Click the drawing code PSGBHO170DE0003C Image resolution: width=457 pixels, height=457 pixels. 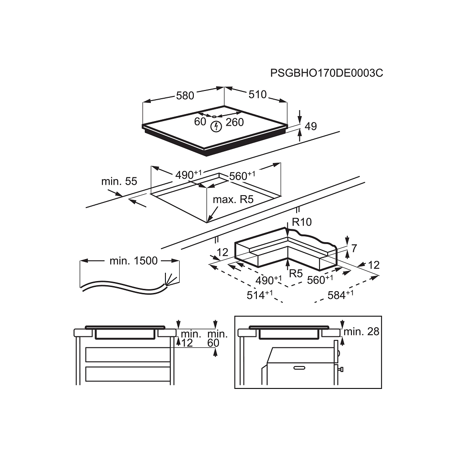coord(326,73)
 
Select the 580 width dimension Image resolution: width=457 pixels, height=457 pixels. coord(185,96)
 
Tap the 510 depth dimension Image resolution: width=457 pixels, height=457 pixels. coord(258,95)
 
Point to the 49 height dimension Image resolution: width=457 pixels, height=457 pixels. coord(310,126)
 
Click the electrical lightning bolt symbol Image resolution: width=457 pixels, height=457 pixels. coord(216,126)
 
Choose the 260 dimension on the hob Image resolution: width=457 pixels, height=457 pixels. coord(234,122)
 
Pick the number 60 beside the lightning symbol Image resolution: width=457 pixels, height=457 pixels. coord(200,122)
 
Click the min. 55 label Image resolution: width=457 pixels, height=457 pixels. coord(119,181)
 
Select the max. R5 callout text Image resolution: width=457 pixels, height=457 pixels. coord(233,199)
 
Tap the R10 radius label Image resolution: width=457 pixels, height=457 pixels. coord(302,222)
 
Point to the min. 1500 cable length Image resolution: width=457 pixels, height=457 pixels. coord(133,260)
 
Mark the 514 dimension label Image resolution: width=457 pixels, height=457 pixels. coord(260,295)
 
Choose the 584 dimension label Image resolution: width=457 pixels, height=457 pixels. coord(340,295)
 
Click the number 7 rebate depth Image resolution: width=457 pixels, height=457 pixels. coord(354,248)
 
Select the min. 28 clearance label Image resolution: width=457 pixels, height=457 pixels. coord(361,331)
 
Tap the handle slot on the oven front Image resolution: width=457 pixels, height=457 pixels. coord(299,368)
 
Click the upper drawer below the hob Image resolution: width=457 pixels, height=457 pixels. coord(128,355)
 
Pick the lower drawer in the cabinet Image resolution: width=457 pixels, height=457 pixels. coord(128,374)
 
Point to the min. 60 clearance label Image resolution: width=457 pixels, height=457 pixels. coord(218,338)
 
